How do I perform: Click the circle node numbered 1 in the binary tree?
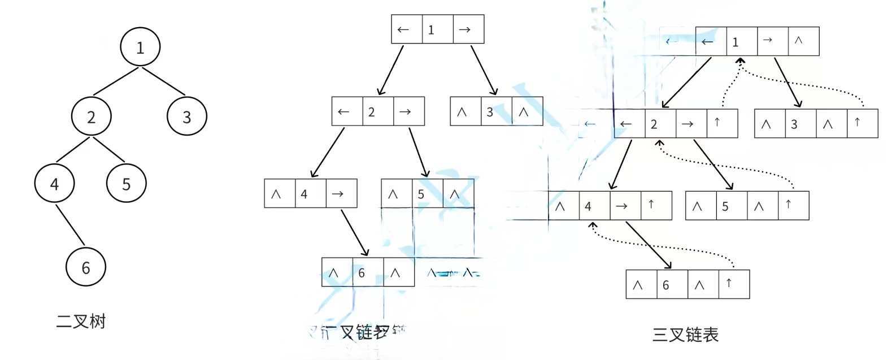140,47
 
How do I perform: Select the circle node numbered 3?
187,116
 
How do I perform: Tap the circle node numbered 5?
127,183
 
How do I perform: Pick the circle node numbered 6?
86,267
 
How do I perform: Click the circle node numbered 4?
54,184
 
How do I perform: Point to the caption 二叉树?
81,322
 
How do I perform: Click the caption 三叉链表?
685,335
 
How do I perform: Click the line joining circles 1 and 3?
163,81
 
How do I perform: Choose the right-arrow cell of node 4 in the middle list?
341,193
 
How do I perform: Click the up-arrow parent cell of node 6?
734,284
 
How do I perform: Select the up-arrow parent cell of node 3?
862,123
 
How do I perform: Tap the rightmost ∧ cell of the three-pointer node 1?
803,41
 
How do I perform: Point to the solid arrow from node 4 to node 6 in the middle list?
355,232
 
